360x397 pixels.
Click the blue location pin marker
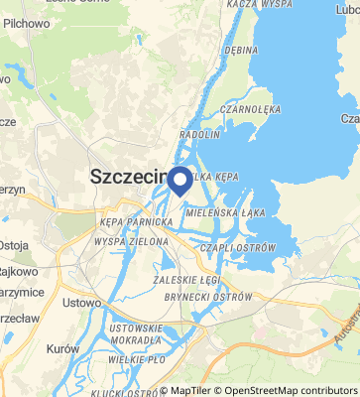(x=180, y=181)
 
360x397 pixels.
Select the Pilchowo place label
(x=26, y=22)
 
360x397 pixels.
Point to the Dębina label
(x=241, y=47)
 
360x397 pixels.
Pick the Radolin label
(x=198, y=133)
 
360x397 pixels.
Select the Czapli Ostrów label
(x=239, y=247)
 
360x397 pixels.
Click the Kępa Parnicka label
(x=135, y=222)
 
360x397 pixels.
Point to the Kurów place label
(x=61, y=349)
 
